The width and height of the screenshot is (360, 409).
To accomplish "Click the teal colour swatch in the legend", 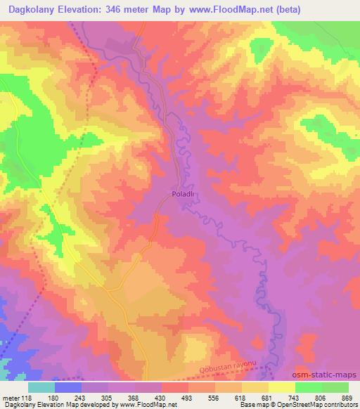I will tap(41, 387).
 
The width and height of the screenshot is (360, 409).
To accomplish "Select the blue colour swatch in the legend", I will tap(68, 387).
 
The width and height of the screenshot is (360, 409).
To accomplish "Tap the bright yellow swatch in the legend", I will tap(282, 387).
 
